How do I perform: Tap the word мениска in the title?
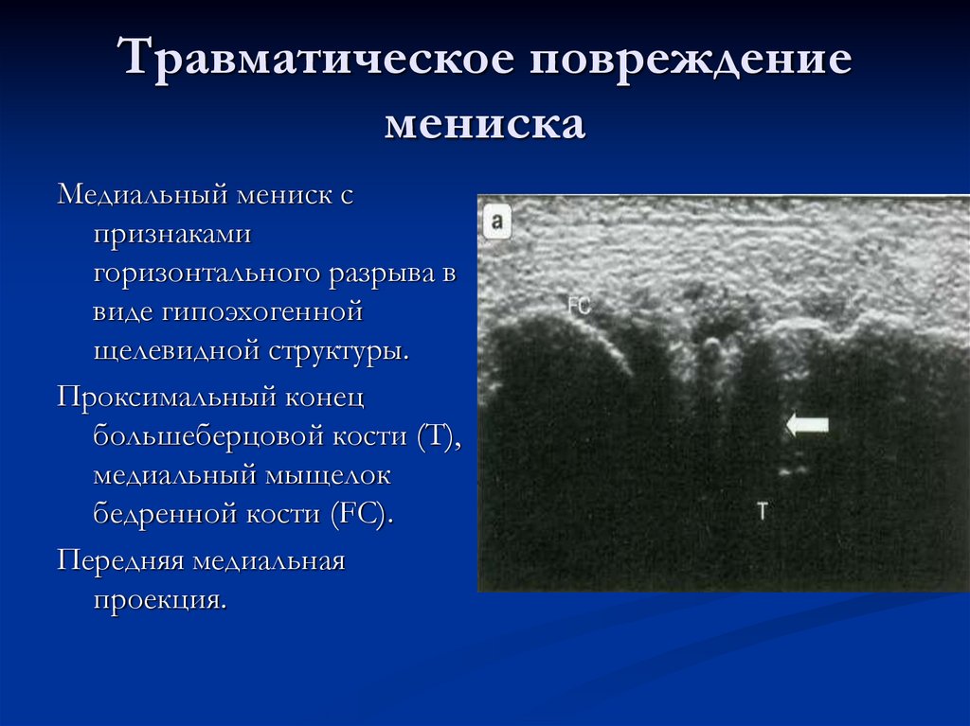point(485,124)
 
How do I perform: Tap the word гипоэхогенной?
point(263,312)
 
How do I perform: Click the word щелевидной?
point(168,350)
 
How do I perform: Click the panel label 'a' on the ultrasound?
point(496,224)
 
